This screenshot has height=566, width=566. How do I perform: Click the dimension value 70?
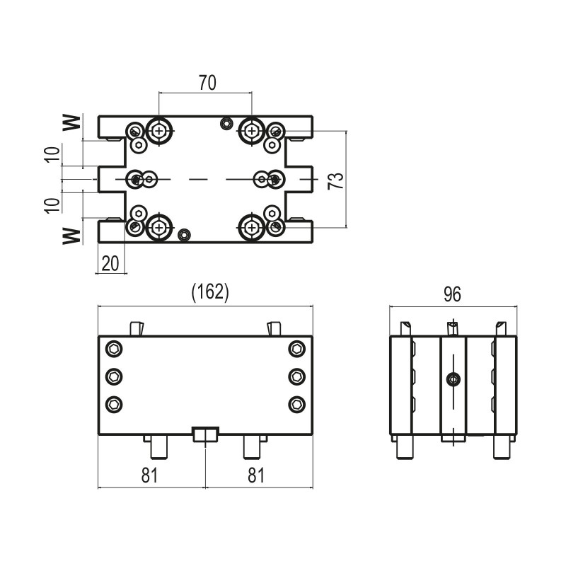(x=207, y=83)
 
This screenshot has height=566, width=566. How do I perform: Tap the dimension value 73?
(x=336, y=180)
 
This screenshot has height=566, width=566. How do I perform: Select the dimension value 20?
(x=110, y=263)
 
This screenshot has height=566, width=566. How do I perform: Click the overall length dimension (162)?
(x=210, y=291)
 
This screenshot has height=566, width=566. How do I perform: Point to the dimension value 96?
(x=452, y=294)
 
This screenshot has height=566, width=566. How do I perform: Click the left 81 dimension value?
(x=149, y=475)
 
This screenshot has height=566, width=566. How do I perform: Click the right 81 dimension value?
(x=256, y=475)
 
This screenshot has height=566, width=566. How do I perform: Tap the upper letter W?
(x=71, y=122)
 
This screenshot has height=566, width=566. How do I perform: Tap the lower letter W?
(x=71, y=236)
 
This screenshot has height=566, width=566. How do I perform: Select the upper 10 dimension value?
(x=52, y=155)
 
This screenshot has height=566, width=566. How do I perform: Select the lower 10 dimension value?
(x=52, y=206)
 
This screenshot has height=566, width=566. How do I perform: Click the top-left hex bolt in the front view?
(x=114, y=349)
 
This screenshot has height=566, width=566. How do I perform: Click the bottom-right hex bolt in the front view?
(x=296, y=404)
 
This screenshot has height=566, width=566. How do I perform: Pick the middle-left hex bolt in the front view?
(x=114, y=377)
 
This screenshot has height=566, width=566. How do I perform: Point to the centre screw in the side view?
(x=453, y=379)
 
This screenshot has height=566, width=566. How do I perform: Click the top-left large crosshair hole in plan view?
(x=158, y=131)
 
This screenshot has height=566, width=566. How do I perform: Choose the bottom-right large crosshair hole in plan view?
(x=252, y=227)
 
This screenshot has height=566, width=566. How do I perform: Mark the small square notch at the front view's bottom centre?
(x=206, y=434)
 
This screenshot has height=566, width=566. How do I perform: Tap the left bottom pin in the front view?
(x=158, y=447)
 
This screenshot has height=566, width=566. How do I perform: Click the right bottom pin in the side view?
(x=502, y=447)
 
